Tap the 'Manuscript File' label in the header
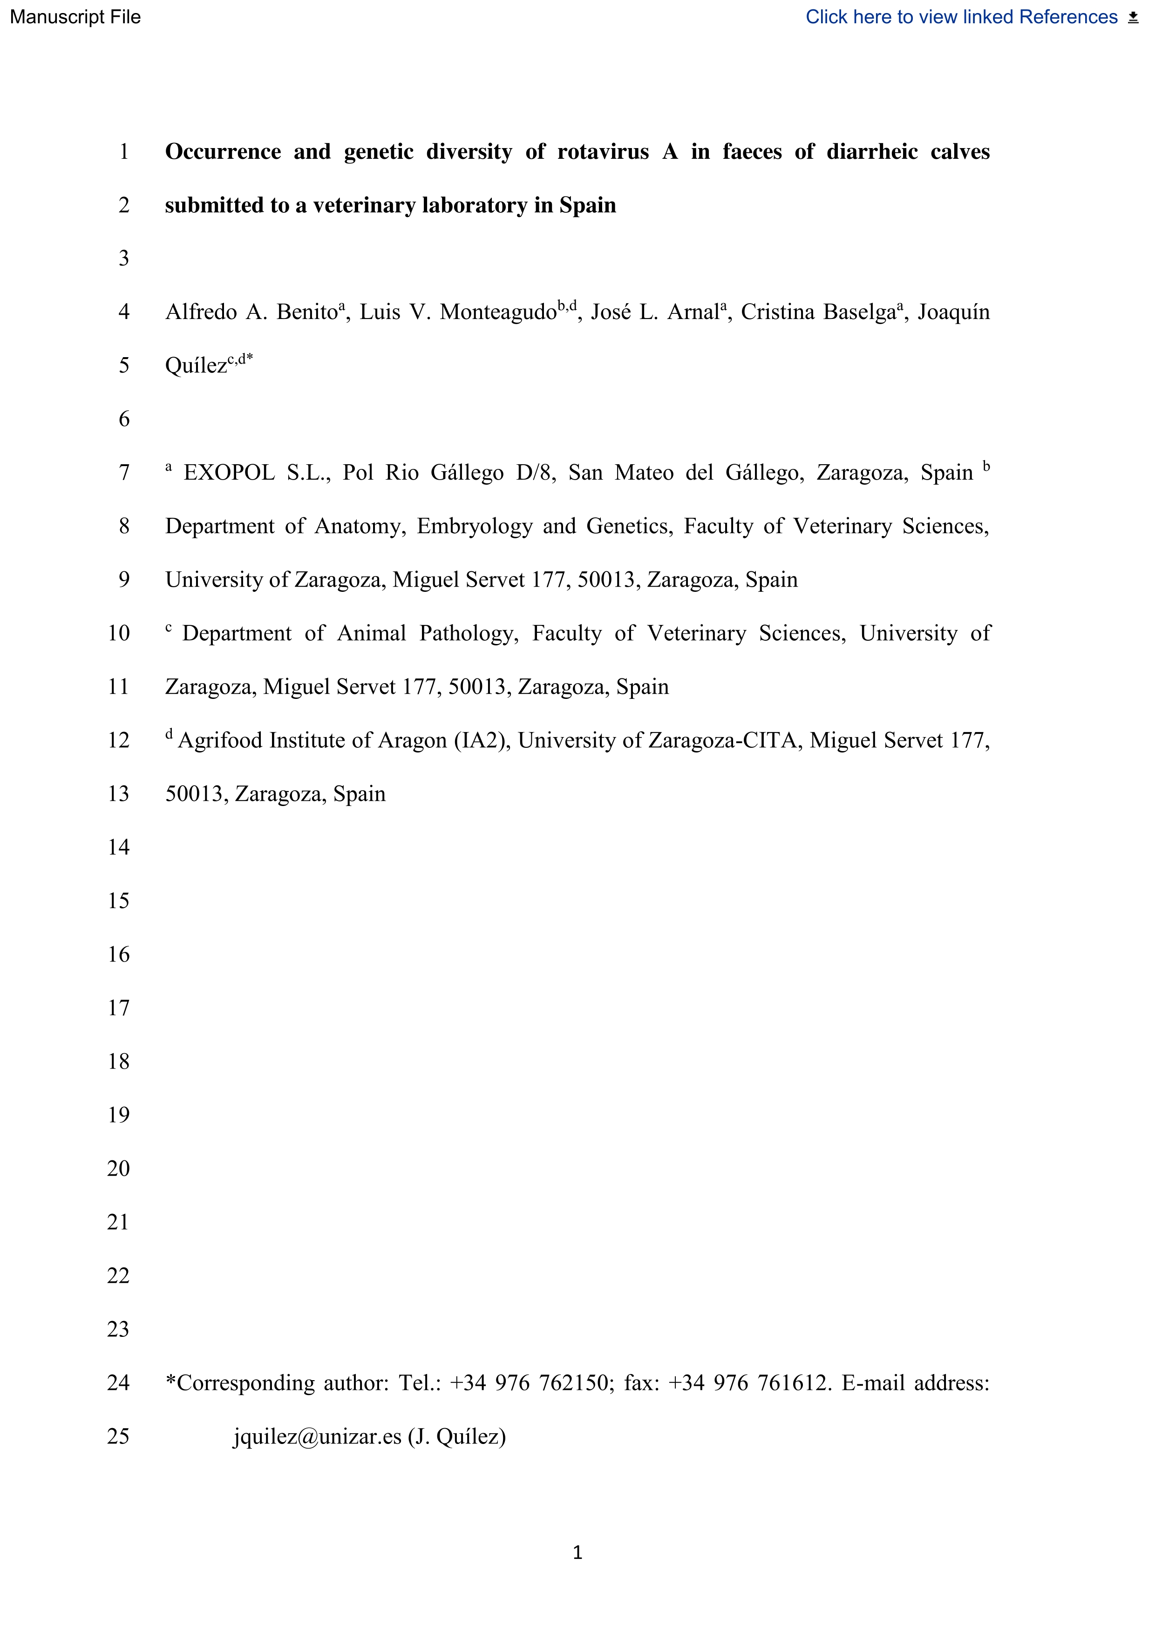click(75, 17)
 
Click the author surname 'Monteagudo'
click(498, 312)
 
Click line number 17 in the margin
click(119, 1008)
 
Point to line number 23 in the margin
click(119, 1329)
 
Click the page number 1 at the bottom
click(577, 1552)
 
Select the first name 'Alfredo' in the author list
click(201, 312)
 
